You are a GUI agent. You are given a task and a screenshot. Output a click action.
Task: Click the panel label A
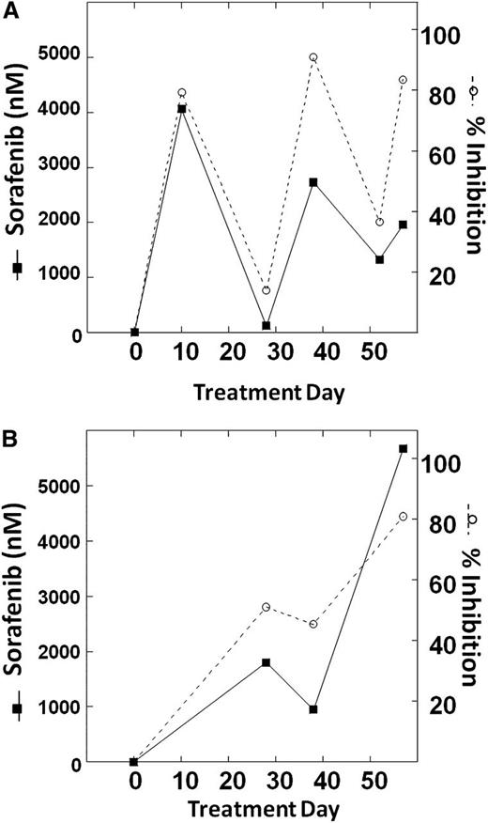tap(8, 8)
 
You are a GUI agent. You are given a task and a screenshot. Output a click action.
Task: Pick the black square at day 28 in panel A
tap(267, 325)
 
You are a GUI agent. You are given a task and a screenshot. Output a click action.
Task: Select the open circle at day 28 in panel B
tap(267, 607)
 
